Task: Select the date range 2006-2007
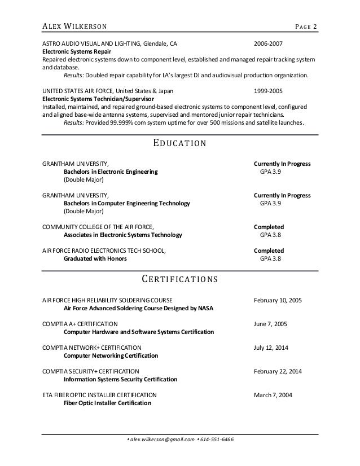(269, 42)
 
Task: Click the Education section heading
(180, 143)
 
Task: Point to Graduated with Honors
(95, 258)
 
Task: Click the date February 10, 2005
(278, 301)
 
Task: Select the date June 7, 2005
(271, 324)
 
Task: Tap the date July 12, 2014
(271, 348)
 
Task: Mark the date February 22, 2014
(278, 372)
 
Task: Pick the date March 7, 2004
(274, 395)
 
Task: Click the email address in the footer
(162, 440)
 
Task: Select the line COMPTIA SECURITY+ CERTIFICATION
(90, 372)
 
